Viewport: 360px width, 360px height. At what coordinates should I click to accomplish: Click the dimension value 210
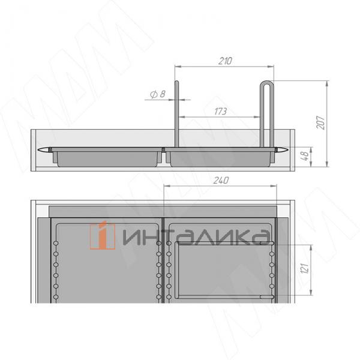(226, 61)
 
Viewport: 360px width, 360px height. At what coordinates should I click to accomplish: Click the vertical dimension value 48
(307, 158)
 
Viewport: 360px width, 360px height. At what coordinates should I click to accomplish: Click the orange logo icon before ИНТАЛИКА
(104, 235)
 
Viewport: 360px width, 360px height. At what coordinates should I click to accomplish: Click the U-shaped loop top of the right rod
(267, 85)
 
